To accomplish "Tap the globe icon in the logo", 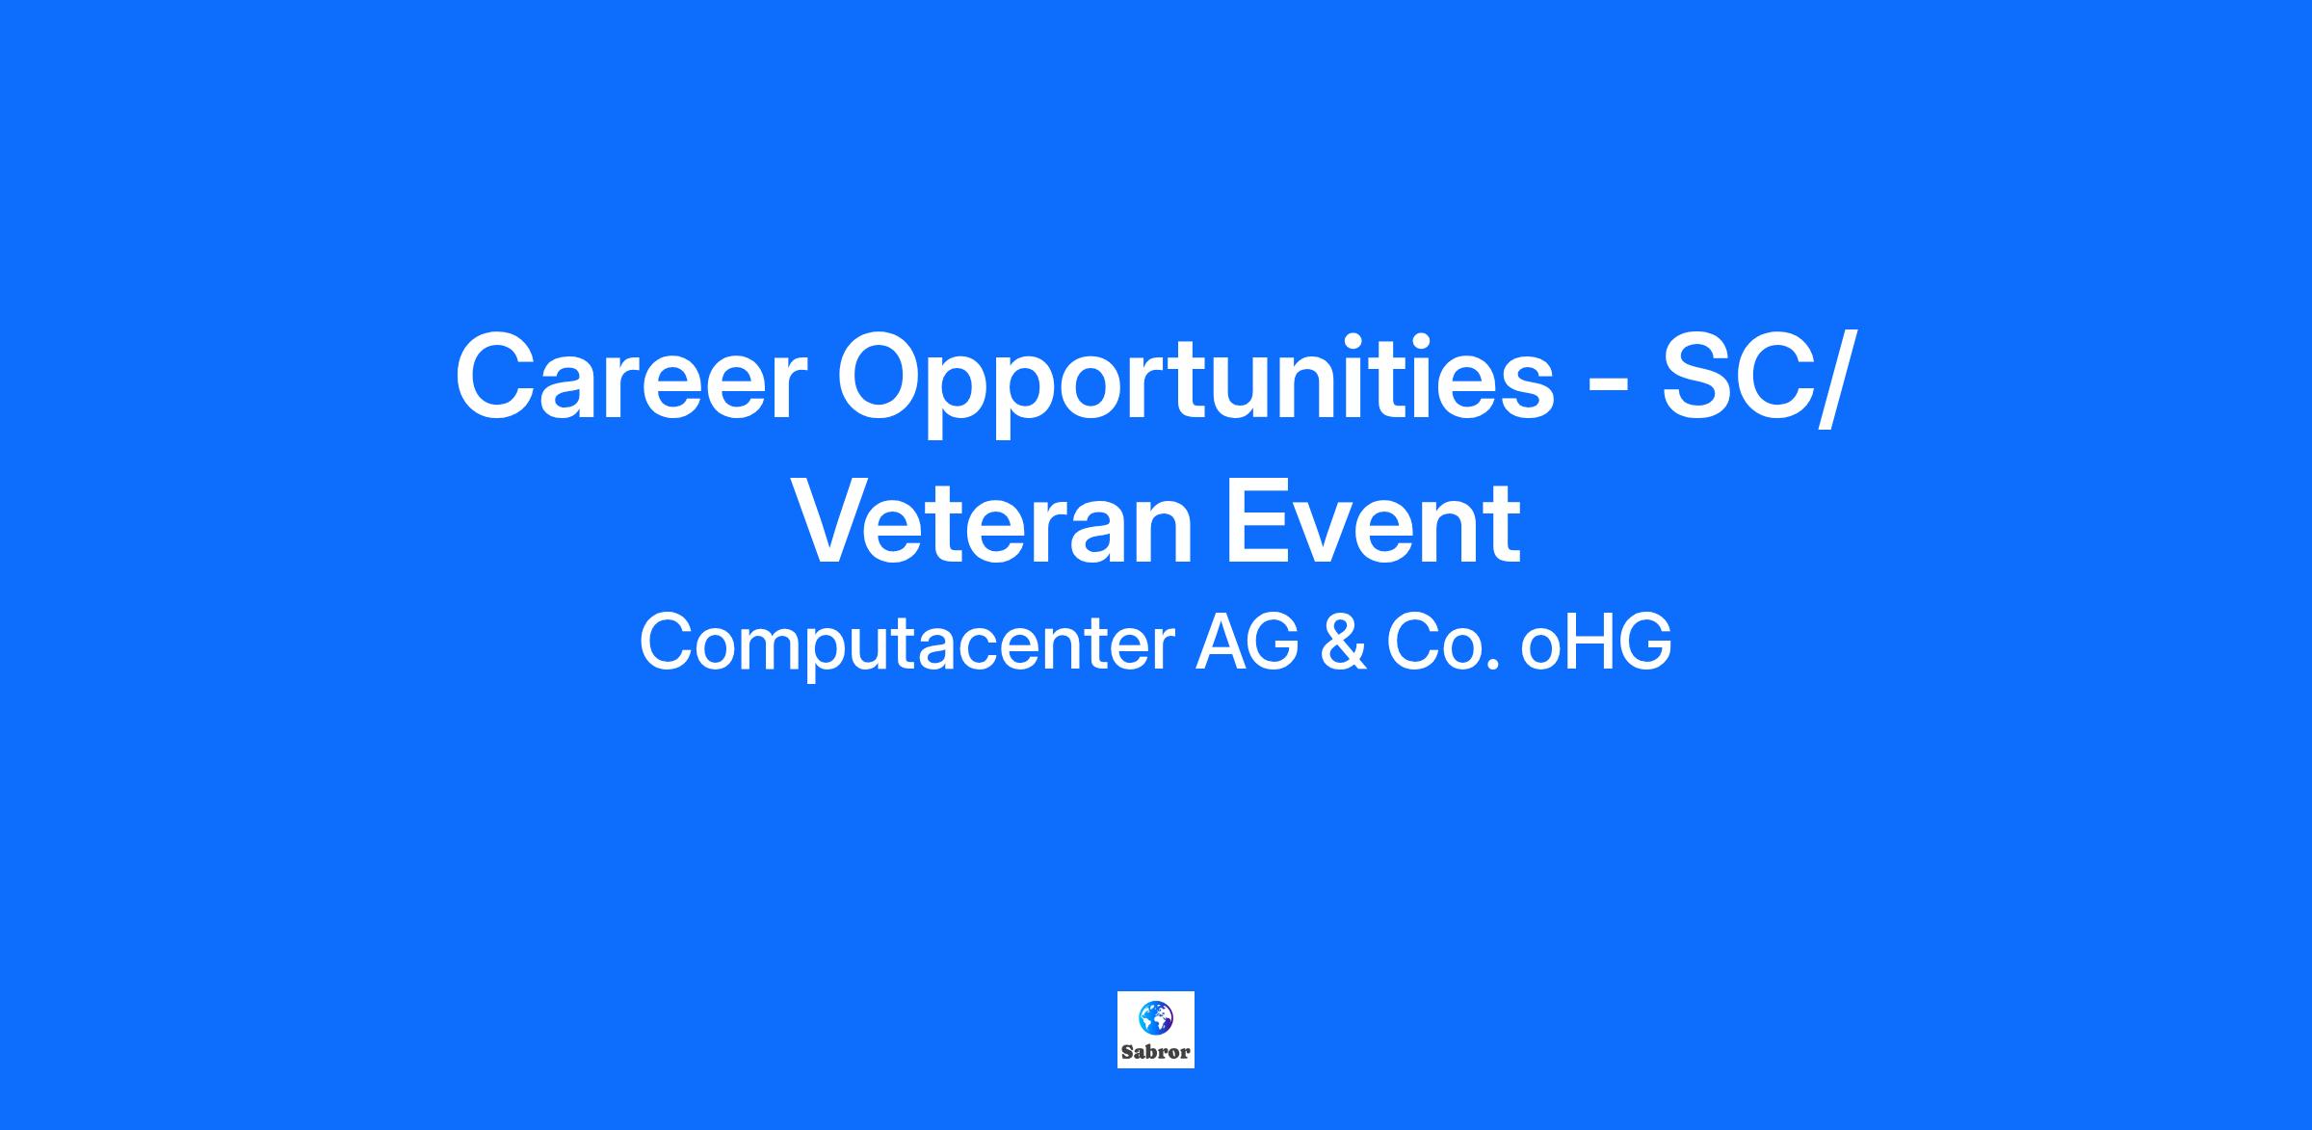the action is [x=1155, y=1015].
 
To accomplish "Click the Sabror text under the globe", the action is [x=1156, y=1052].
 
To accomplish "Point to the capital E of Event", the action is [x=1256, y=524].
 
